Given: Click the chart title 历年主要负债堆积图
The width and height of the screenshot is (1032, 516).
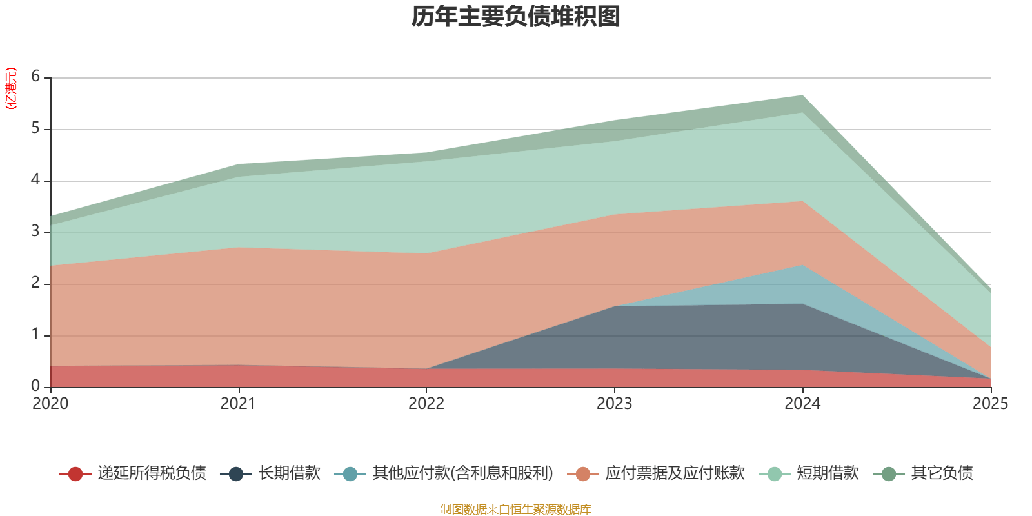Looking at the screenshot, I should tap(516, 17).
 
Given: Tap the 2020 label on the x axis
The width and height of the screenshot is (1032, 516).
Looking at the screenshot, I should tap(50, 404).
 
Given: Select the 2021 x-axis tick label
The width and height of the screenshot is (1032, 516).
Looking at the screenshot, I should tap(238, 404).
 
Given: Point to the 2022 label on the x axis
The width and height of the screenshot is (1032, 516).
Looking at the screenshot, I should tap(426, 404).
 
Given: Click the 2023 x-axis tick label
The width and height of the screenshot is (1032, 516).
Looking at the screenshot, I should tap(614, 404).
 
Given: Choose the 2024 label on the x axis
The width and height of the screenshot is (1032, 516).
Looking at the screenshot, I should tap(802, 404).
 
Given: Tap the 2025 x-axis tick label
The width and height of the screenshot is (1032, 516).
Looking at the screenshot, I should tap(989, 404).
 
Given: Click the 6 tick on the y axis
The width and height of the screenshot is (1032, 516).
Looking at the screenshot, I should tap(35, 77).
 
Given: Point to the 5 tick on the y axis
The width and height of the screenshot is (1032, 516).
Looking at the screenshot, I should tap(35, 128).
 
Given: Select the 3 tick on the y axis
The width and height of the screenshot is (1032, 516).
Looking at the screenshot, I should tap(35, 232).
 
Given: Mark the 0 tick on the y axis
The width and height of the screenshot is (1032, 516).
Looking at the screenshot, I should tap(35, 386).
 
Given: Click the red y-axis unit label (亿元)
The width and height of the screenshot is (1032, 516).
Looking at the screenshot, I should tap(11, 88).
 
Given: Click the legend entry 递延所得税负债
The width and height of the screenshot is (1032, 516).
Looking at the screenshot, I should tap(152, 473).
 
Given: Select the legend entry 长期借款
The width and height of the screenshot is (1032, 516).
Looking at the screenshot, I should tap(289, 473).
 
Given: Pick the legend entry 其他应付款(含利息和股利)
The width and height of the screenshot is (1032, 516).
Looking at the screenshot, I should tap(462, 473).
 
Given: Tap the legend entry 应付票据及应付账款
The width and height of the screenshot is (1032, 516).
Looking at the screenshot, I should tap(675, 473).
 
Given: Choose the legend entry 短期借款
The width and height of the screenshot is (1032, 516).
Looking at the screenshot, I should tap(828, 473).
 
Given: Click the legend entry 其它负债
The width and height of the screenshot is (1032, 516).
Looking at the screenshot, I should tap(942, 473).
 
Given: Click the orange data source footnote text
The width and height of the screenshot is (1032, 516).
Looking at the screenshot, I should tap(516, 510).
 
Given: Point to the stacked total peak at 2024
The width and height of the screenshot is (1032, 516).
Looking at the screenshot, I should tap(802, 96).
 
